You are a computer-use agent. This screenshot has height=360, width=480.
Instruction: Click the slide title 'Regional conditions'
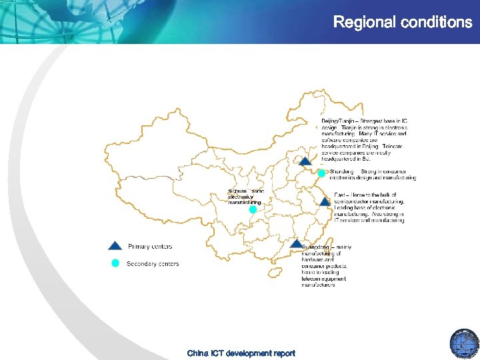[x=402, y=23]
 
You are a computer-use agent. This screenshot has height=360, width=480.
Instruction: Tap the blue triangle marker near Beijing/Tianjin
[x=305, y=161]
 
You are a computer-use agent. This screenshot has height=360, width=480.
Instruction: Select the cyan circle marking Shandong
[x=321, y=173]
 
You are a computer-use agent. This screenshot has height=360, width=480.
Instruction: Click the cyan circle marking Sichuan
[x=253, y=209]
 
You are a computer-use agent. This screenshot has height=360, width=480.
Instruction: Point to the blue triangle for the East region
[x=324, y=201]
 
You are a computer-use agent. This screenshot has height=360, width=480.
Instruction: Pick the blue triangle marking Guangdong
[x=296, y=244]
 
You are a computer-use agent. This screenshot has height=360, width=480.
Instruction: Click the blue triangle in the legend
[x=115, y=245]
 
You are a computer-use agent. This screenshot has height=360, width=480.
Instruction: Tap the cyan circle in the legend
[x=115, y=263]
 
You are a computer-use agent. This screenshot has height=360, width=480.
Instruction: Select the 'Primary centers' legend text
[x=150, y=247]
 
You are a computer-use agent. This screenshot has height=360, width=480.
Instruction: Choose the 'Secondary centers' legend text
[x=153, y=264]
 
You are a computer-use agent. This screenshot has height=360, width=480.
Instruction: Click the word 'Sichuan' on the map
[x=237, y=191]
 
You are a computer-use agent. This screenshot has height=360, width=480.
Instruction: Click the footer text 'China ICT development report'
[x=241, y=353]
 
